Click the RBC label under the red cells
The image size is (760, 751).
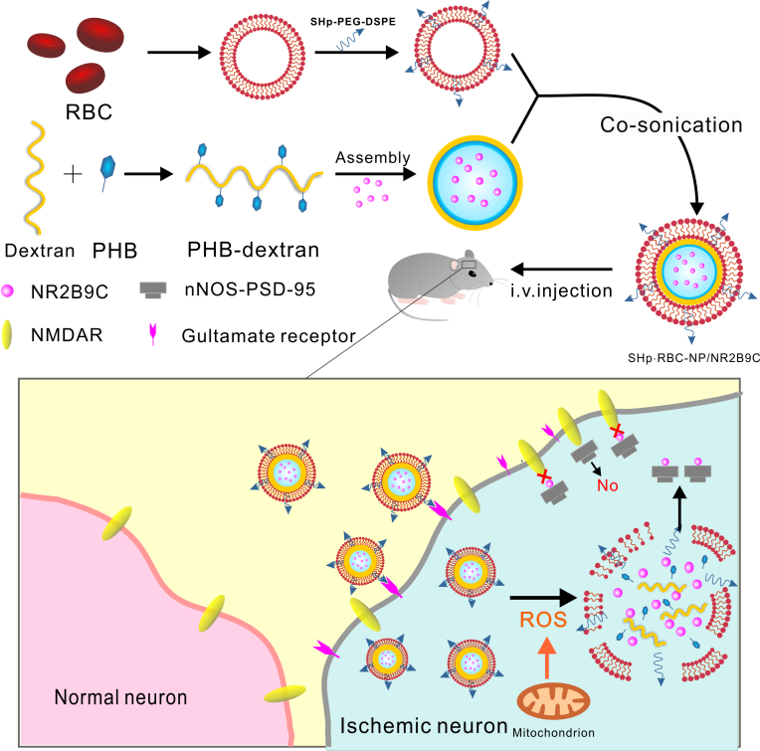point(89,112)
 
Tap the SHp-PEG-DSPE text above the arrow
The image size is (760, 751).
point(353,21)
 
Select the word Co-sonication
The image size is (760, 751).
point(670,125)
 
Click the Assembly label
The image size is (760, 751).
point(373,158)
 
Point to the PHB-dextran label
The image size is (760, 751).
point(253,250)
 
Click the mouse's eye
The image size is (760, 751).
point(472,274)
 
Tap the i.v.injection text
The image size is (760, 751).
point(561,290)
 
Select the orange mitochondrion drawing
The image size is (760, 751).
point(553,701)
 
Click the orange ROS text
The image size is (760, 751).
point(543,620)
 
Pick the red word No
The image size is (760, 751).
point(608,485)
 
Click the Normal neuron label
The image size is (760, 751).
point(120,697)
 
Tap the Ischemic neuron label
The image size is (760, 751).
point(424,726)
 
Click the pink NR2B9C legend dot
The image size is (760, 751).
point(7,290)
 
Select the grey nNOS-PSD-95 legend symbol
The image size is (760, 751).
point(153,289)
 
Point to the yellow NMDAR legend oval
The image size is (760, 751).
point(7,334)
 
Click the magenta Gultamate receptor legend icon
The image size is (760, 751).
point(153,334)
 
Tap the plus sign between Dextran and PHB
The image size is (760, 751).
point(73,174)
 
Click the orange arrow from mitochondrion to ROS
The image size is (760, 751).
point(547,657)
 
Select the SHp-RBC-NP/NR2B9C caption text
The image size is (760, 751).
point(693,358)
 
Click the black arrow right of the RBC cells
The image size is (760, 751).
point(179,52)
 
